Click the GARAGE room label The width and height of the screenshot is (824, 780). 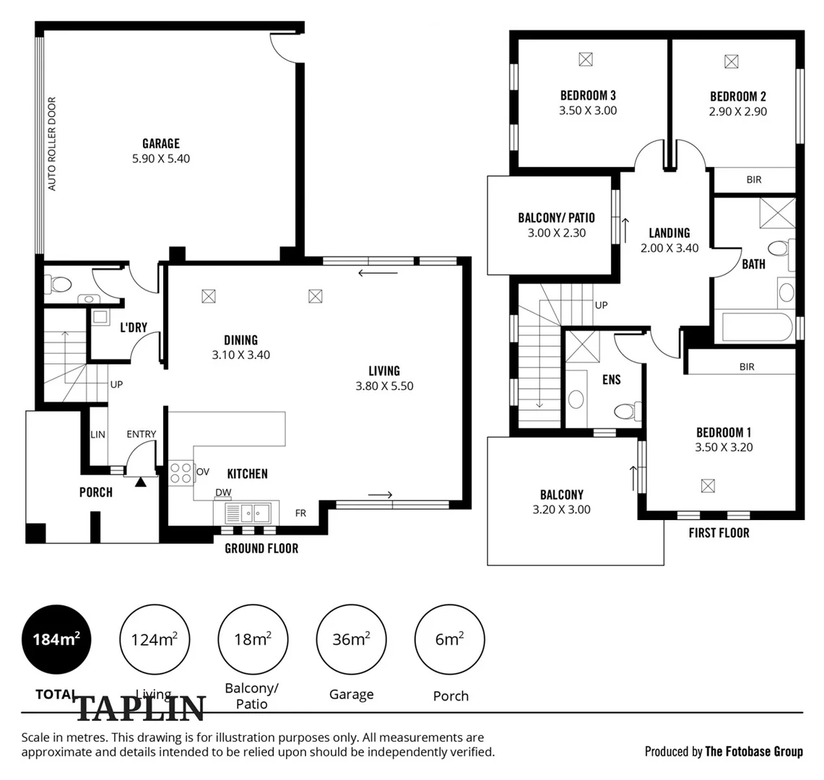(161, 144)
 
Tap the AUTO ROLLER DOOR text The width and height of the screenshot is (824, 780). (51, 144)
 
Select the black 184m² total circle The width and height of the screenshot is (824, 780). (56, 639)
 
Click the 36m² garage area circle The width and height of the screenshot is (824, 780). (351, 639)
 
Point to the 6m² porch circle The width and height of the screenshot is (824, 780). (449, 639)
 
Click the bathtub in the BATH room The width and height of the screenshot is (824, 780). (757, 327)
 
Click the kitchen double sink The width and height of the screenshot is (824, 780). (248, 513)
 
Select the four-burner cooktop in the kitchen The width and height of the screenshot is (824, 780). (181, 472)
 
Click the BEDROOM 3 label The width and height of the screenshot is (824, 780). (588, 95)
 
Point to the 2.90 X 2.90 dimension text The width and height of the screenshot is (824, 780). (738, 111)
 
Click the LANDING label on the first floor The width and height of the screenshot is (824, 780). (669, 233)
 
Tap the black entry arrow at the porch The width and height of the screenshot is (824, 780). (140, 482)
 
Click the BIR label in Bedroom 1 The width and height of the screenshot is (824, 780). (747, 367)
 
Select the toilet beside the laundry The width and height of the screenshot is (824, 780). (61, 285)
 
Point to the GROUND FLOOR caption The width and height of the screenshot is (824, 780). (261, 549)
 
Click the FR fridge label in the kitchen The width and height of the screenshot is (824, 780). (300, 513)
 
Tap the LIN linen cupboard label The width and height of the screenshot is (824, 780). (97, 435)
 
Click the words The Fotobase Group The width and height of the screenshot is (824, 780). (753, 752)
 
